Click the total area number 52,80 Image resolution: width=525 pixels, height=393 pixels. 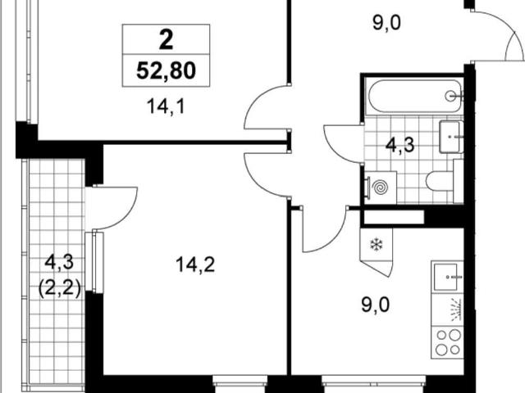tap(166, 71)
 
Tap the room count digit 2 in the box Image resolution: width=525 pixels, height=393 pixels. tap(166, 40)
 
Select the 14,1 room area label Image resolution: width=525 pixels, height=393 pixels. tap(166, 107)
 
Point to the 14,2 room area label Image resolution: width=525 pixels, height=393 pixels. tap(195, 265)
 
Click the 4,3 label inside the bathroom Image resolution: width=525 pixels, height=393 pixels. tap(400, 145)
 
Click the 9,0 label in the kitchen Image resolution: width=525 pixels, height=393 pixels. tap(376, 305)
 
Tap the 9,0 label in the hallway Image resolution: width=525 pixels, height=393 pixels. tap(386, 23)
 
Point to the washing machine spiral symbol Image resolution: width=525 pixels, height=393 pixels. tap(381, 187)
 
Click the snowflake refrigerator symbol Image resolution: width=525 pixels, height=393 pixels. tap(377, 245)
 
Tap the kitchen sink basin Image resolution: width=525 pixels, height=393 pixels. tap(445, 277)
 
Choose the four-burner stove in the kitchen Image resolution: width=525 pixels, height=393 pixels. tap(448, 342)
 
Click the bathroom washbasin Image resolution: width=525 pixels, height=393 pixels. tap(451, 137)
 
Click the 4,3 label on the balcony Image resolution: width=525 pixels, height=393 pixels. tap(59, 262)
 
